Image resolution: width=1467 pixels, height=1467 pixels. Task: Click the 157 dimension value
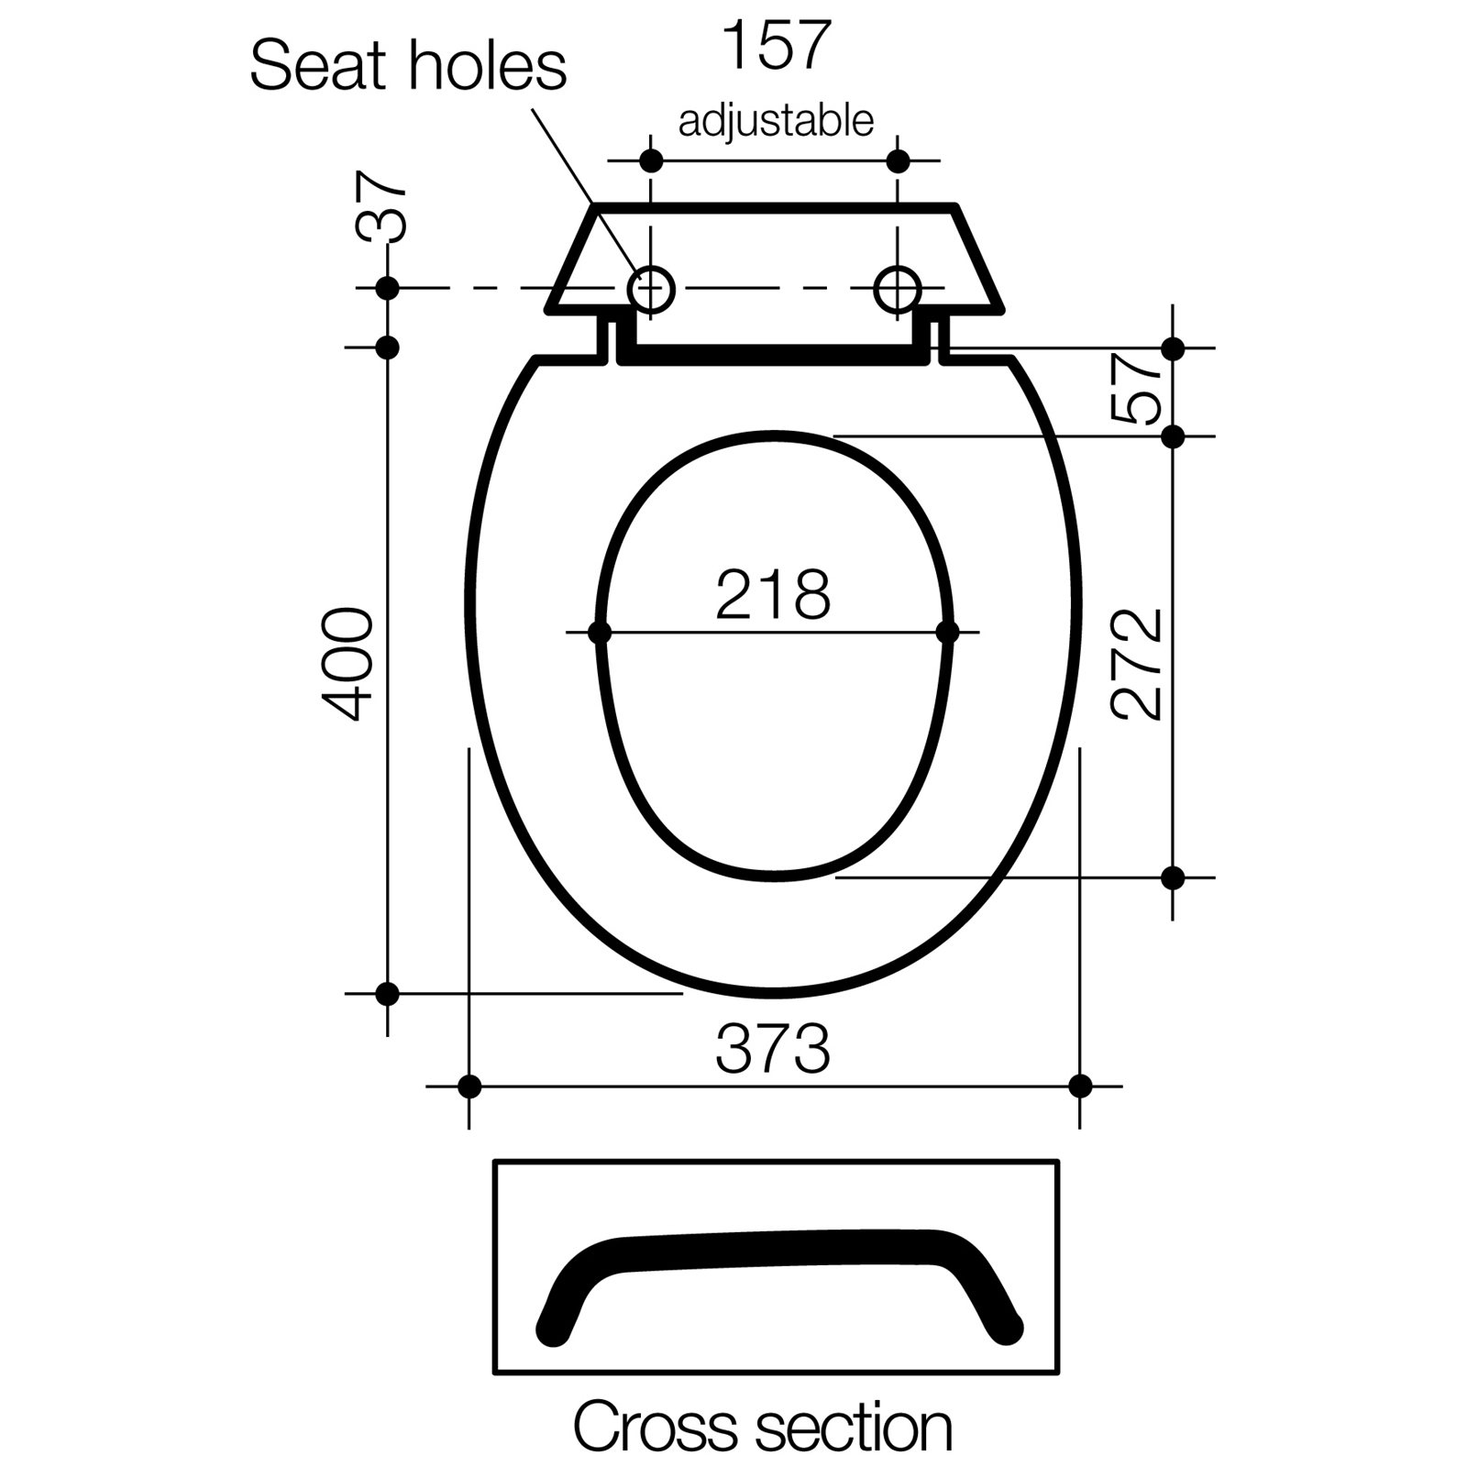pos(776,46)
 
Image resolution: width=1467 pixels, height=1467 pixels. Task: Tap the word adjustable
pos(776,120)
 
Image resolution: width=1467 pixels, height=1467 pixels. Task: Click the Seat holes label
pos(408,66)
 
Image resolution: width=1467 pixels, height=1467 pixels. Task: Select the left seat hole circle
pos(651,290)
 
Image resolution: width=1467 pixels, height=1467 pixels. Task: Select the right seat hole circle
pos(898,290)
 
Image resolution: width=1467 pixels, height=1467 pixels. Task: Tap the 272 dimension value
pos(1137,663)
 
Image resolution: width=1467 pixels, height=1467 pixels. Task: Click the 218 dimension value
pos(773,595)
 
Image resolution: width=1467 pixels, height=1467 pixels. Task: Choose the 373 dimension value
pos(773,1049)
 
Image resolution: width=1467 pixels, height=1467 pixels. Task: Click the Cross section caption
pos(763,1427)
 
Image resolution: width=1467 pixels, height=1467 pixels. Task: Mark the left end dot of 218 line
pos(600,633)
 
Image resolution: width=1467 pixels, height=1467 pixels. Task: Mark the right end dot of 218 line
pos(948,633)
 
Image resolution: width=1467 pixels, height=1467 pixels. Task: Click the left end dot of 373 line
pos(469,1086)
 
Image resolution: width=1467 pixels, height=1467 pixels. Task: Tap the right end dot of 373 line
pos(1080,1086)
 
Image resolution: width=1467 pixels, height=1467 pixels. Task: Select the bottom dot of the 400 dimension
pos(388,993)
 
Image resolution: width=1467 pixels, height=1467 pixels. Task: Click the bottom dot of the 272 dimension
pos(1173,877)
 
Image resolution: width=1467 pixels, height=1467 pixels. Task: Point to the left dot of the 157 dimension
pos(651,161)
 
